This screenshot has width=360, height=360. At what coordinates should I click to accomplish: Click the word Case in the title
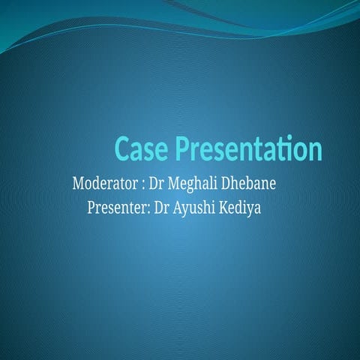pos(142,148)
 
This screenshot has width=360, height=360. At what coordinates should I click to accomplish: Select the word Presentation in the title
pos(248,148)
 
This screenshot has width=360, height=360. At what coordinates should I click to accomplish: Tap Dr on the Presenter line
pos(160,205)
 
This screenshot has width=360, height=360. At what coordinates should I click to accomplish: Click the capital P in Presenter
pos(91,205)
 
